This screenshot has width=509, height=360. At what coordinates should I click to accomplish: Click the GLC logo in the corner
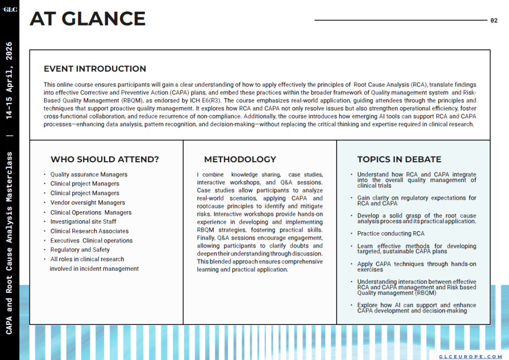10,8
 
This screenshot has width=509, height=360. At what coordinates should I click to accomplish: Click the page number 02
494,21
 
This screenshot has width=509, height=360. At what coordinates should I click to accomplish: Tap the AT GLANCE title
88,19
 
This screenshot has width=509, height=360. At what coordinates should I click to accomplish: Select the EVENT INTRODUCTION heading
94,69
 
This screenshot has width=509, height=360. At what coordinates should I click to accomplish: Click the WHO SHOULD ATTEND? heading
105,159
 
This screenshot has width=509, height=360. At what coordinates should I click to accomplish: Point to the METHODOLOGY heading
240,159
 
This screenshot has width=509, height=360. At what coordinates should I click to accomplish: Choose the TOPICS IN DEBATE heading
399,159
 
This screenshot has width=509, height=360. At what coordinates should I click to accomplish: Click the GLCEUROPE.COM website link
471,356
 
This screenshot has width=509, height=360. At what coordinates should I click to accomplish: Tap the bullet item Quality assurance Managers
89,175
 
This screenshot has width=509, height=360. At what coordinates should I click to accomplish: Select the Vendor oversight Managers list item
88,202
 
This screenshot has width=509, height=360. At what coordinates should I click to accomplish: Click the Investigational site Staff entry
83,222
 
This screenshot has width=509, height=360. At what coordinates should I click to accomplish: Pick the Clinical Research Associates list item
89,231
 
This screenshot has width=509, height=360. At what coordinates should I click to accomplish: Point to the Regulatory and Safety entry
80,250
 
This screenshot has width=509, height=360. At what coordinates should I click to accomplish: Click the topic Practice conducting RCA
391,233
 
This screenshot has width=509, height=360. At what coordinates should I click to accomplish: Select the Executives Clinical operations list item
91,241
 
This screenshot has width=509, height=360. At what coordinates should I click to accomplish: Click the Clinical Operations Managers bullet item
90,212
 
